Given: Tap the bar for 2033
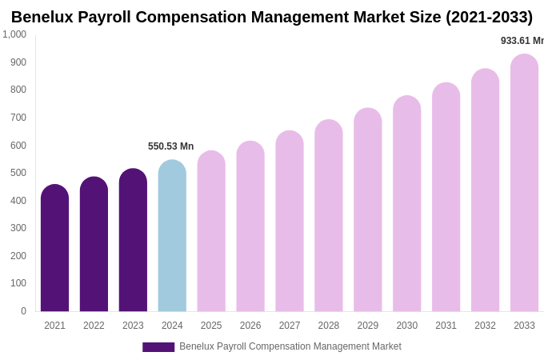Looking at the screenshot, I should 524,183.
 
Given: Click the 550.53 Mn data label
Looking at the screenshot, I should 170,146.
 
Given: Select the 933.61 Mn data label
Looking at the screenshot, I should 522,41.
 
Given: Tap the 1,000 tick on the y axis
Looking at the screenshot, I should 14,34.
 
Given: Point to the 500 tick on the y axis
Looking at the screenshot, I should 18,173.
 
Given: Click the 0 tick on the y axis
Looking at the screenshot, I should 23,311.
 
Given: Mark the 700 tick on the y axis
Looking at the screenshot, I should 18,118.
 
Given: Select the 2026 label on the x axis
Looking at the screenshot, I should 250,326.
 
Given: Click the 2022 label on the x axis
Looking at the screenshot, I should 94,326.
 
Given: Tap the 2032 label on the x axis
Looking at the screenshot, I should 485,326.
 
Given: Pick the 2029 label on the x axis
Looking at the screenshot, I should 367,326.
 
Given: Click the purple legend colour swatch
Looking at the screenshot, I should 158,347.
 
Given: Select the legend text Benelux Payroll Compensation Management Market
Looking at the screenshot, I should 290,346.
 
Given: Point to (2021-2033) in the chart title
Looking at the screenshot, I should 489,17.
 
